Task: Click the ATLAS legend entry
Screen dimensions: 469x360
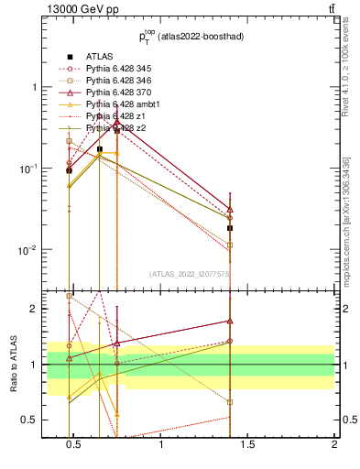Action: tap(99, 56)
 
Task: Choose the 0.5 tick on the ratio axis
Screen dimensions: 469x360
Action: tap(32, 420)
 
